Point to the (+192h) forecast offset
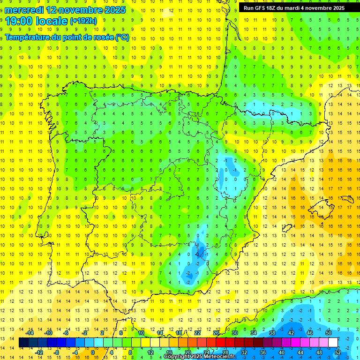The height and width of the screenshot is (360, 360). (x=83, y=21)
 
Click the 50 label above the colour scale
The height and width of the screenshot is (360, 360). (x=329, y=333)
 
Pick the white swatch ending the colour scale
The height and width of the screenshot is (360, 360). (x=333, y=342)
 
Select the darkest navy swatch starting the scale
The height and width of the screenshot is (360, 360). (x=23, y=342)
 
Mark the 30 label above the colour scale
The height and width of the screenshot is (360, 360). (x=235, y=333)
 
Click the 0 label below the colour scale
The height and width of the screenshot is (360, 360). (x=92, y=352)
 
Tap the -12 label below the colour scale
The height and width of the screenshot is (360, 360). (x=39, y=352)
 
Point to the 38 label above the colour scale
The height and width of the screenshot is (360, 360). (x=272, y=333)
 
